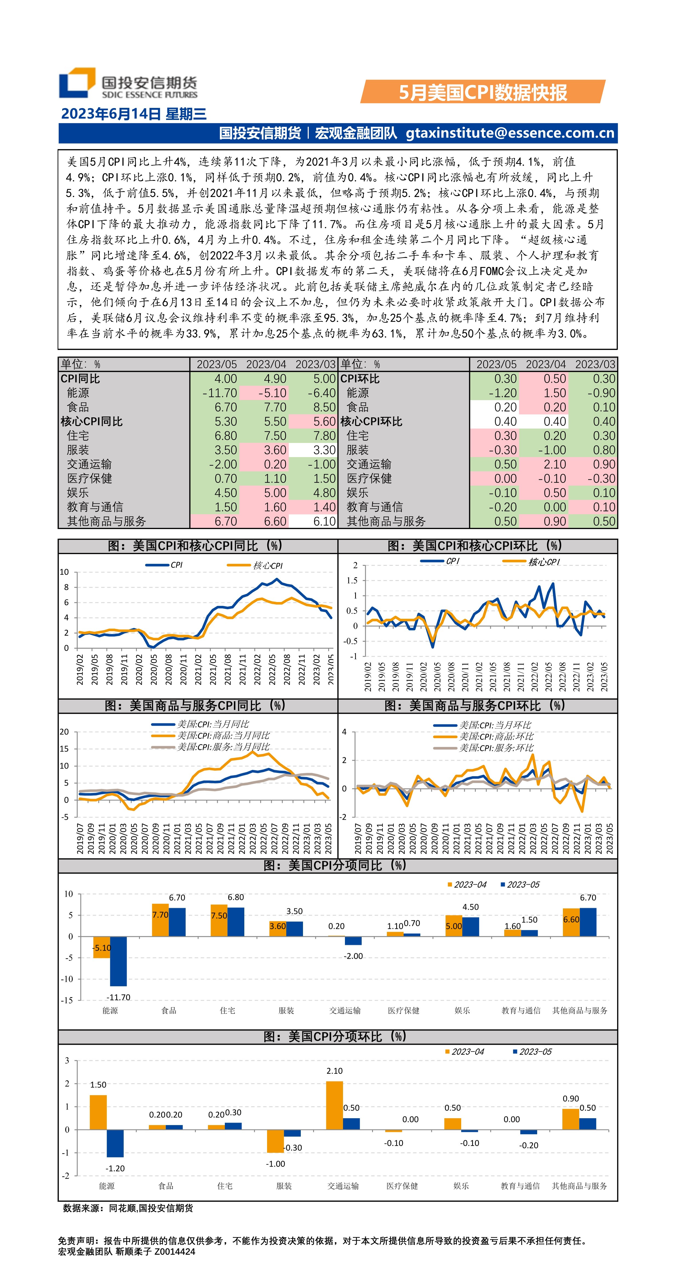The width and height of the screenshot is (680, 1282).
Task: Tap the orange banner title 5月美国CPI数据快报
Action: tap(483, 92)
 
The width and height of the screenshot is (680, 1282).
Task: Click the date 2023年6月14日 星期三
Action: tap(133, 114)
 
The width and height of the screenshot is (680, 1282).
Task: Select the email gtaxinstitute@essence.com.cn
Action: tap(510, 133)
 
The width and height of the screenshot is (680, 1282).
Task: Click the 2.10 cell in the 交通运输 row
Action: tap(555, 464)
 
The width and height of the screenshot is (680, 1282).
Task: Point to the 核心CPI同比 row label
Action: tap(92, 421)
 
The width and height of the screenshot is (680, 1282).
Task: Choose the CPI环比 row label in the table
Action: tap(360, 379)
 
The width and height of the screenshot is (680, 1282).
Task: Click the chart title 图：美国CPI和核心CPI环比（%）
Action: tap(475, 546)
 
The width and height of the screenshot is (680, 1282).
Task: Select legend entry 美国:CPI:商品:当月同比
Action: tap(223, 736)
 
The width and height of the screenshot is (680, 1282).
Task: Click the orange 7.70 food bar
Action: tap(160, 920)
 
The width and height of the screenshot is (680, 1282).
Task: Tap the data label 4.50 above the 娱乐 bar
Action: tap(471, 907)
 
